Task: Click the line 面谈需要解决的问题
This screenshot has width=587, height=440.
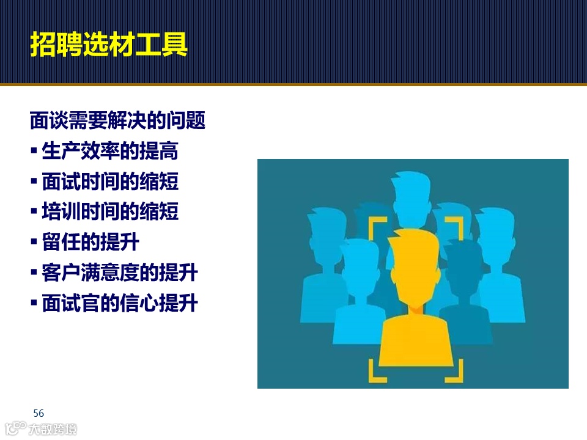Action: (x=117, y=120)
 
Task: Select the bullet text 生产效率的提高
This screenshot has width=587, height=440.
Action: (x=110, y=151)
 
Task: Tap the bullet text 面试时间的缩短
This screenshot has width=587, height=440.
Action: (x=110, y=182)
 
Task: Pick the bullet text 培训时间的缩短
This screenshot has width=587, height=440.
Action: (x=110, y=212)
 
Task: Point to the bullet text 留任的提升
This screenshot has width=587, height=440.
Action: (x=90, y=243)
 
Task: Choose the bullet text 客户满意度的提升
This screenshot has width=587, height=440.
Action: (x=120, y=273)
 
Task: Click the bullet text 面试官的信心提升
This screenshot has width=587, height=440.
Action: (x=120, y=304)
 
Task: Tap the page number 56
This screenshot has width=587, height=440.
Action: (x=39, y=413)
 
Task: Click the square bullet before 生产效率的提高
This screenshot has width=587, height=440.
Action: (x=34, y=152)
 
